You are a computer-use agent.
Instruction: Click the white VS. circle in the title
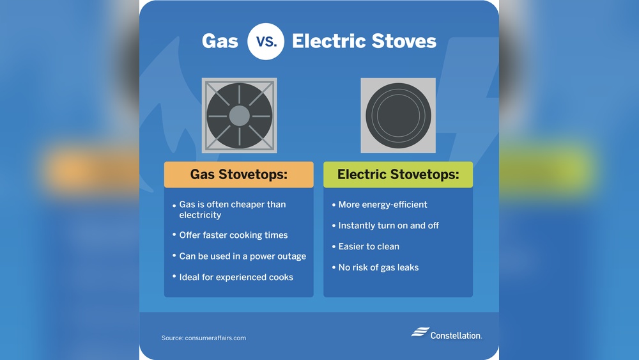(x=266, y=41)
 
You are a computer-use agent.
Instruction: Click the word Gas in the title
(x=220, y=41)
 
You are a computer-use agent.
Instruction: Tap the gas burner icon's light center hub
(x=239, y=116)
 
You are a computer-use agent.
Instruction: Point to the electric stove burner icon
(x=398, y=115)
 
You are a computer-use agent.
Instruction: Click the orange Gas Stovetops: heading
(x=239, y=175)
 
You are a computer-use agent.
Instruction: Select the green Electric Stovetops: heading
(x=398, y=175)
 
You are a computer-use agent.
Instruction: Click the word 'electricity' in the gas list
(x=200, y=215)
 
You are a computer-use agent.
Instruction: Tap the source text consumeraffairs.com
(x=215, y=338)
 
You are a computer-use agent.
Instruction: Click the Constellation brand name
(x=456, y=336)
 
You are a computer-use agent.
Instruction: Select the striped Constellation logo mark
(x=420, y=332)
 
